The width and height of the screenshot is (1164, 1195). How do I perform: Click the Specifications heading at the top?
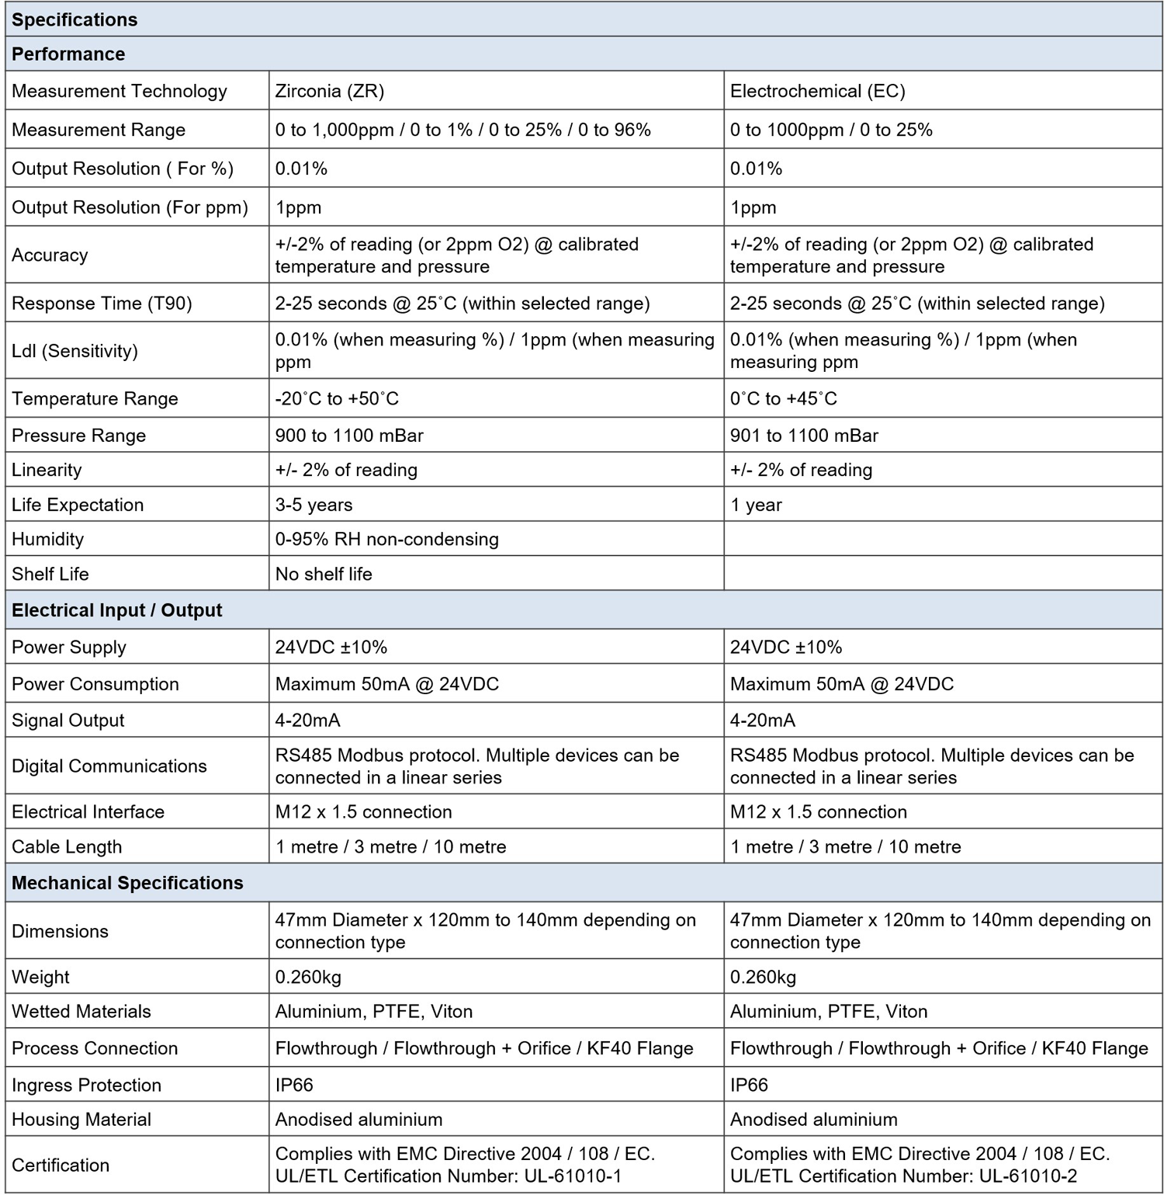74,19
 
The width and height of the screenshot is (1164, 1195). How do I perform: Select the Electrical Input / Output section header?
116,610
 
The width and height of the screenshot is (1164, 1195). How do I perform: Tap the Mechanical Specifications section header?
127,883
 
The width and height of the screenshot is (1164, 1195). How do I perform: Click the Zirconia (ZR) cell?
330,91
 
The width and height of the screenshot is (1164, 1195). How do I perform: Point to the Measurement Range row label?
99,130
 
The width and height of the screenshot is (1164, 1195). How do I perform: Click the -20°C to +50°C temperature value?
337,398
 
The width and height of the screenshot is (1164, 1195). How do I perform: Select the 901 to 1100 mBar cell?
804,435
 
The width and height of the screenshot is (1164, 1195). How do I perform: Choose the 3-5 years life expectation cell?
314,505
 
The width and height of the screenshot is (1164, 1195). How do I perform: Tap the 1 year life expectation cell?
756,505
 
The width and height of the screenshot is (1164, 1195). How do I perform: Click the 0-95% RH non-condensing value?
386,539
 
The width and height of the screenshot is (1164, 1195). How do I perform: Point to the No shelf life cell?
324,574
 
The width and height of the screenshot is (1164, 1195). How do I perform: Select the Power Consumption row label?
95,684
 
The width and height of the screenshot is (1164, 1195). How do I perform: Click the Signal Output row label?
68,720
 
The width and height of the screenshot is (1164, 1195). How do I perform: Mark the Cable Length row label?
67,846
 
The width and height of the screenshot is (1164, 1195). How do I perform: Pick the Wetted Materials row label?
81,1011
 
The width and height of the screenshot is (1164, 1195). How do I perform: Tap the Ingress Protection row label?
86,1085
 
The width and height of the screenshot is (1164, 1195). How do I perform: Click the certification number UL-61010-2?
1028,1176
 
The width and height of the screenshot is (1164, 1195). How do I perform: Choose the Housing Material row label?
81,1119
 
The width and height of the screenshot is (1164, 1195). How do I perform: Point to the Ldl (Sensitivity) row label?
74,351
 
